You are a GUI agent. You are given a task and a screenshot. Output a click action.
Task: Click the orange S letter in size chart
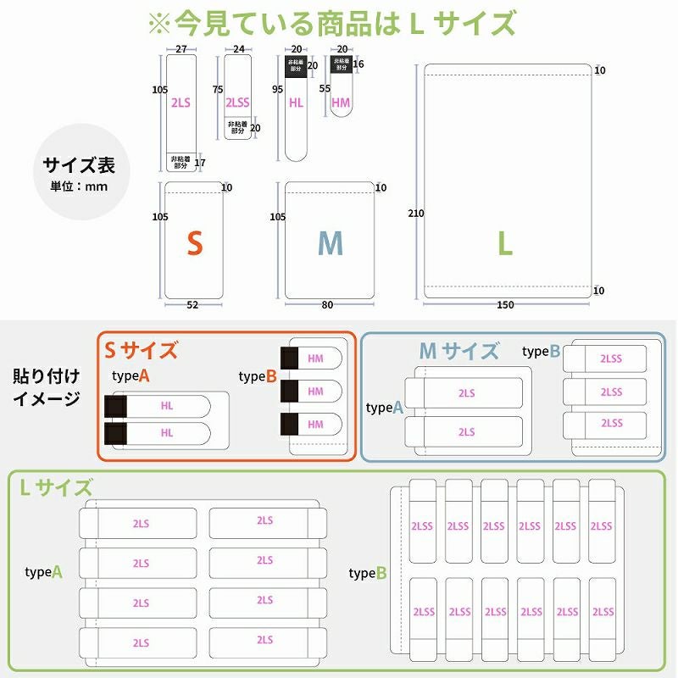195,244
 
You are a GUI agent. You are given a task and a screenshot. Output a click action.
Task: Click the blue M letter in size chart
330,244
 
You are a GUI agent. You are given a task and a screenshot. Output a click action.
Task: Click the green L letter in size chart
505,244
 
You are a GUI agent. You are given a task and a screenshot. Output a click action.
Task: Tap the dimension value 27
181,50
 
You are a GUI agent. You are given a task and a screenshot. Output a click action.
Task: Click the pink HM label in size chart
341,103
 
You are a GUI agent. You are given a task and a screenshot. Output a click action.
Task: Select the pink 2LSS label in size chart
237,103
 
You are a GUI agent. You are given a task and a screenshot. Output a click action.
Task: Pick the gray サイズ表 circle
79,173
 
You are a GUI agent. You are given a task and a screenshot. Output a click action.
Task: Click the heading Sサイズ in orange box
141,350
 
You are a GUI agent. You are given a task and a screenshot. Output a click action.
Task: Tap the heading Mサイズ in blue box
459,350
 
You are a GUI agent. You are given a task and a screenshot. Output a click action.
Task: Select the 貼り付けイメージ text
47,386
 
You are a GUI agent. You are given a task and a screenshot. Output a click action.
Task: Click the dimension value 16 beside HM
359,64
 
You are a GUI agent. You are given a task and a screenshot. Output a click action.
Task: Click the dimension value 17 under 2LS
201,163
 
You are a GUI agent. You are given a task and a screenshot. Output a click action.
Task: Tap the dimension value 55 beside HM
325,88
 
